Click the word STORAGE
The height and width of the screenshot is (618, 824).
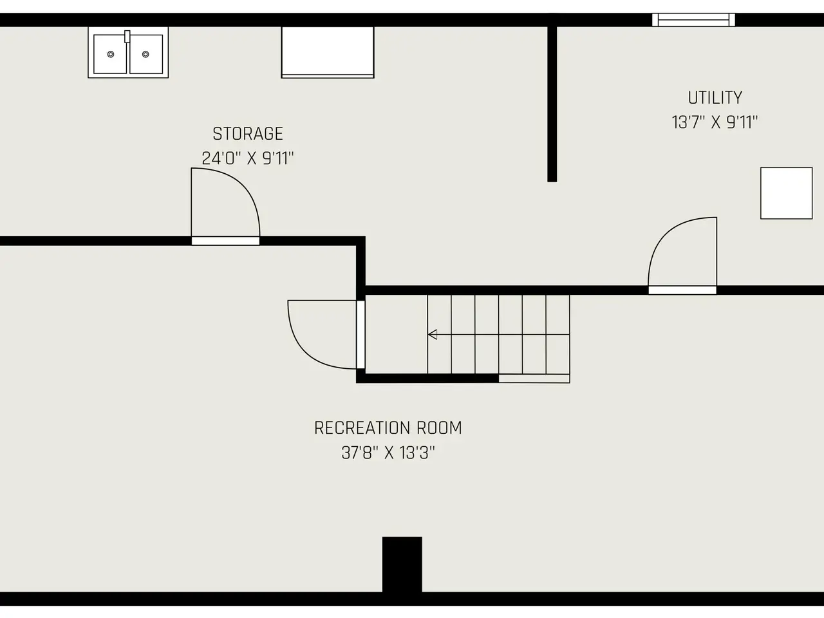pos(248,134)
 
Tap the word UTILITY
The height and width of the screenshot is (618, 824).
pos(715,98)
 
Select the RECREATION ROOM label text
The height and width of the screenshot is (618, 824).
pos(388,428)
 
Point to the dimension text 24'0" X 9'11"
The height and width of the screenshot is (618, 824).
pos(248,158)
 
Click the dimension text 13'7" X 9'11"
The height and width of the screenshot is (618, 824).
pos(715,122)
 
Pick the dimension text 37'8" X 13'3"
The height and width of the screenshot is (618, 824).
pos(388,453)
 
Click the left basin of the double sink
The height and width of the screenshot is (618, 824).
pos(110,55)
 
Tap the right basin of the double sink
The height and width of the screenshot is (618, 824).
pos(146,55)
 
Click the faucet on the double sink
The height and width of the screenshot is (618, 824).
pos(127,37)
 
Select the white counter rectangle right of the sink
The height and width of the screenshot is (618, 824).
pos(328,52)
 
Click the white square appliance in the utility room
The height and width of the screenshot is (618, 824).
pos(787,193)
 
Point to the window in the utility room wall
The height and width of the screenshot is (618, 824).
pos(693,20)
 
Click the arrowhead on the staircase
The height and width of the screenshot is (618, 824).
pos(433,334)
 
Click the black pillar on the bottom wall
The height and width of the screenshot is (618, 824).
pos(402,565)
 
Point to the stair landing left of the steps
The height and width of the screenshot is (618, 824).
pos(396,334)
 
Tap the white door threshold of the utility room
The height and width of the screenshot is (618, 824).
pos(682,290)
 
